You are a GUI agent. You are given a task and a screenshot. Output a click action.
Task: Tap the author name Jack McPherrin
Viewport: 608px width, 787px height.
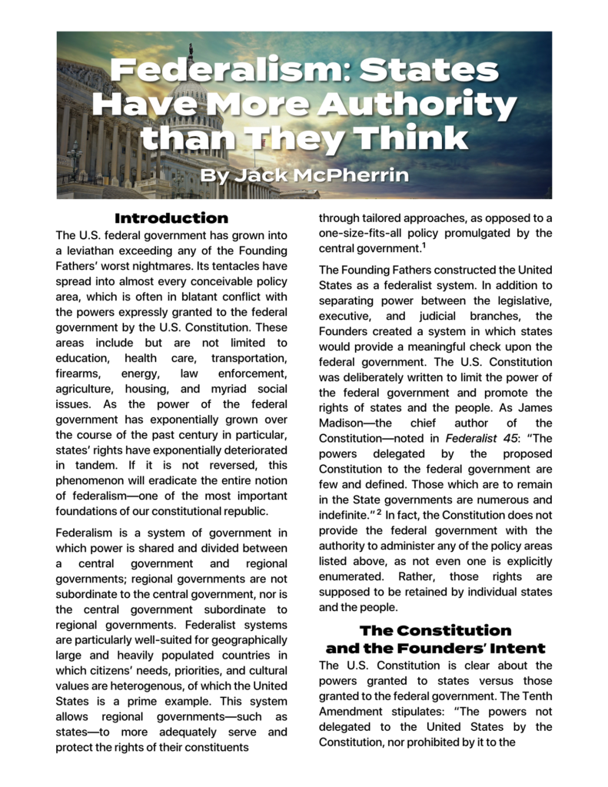click(x=305, y=176)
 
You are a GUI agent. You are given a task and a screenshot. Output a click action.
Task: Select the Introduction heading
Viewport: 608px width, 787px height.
click(x=171, y=218)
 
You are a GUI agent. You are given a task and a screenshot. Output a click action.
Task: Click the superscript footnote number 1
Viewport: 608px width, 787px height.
click(x=423, y=246)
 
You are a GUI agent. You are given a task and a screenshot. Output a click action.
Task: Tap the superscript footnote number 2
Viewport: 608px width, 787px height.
click(x=379, y=513)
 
